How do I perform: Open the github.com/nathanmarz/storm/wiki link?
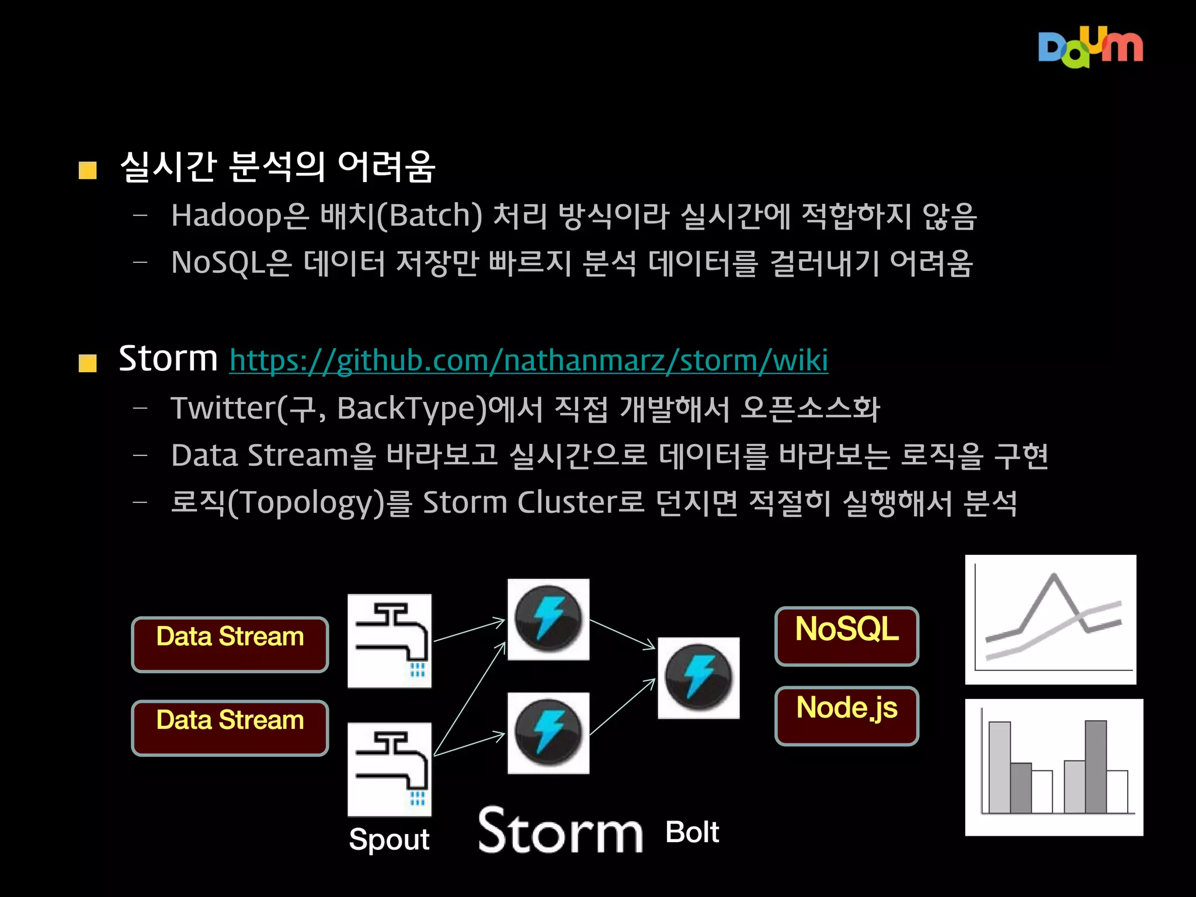coord(529,360)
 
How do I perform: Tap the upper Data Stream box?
coord(230,644)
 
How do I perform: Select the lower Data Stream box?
coord(230,728)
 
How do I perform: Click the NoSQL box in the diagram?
coord(846,636)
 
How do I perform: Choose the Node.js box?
coord(846,715)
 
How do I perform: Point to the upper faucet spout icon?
coord(390,641)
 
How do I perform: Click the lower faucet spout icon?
coord(390,769)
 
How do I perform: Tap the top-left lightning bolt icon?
coord(548,619)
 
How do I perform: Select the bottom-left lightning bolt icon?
coord(548,733)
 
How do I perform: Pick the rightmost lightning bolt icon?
coord(698,677)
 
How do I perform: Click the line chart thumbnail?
coord(1051,620)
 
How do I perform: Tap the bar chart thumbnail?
coord(1054,767)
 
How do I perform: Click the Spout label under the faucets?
coord(389,840)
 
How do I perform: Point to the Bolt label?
coord(692,832)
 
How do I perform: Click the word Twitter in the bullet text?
coord(222,408)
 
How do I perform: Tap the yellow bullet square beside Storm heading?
coord(88,363)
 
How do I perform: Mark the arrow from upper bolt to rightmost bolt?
coord(623,634)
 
